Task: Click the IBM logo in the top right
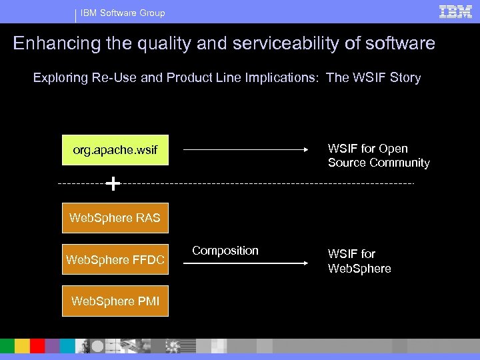point(455,11)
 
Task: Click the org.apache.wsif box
point(115,151)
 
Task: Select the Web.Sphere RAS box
point(115,218)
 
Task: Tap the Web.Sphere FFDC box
point(115,259)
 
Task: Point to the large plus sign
point(114,183)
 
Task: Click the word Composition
point(225,251)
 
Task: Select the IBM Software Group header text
point(123,13)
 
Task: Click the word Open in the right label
point(393,148)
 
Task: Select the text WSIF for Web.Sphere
point(359,261)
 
